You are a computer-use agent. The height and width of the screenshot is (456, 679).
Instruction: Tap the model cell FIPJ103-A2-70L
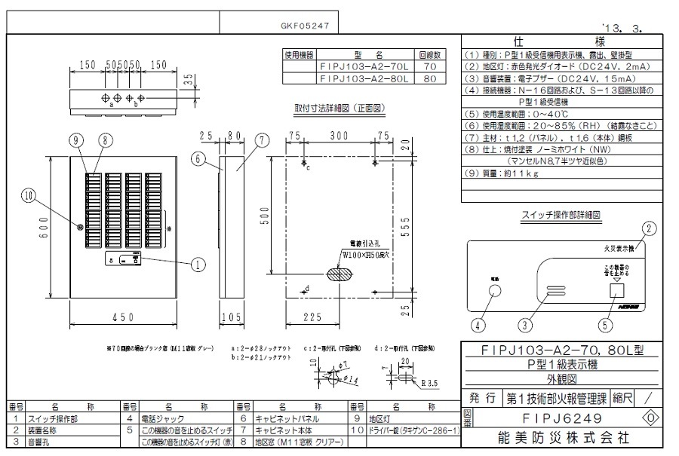(x=364, y=66)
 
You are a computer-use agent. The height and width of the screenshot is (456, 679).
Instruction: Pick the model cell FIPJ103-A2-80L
(x=364, y=78)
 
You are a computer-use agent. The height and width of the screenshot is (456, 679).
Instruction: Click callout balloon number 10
(x=29, y=195)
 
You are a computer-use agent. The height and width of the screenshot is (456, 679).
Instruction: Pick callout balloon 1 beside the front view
(x=198, y=264)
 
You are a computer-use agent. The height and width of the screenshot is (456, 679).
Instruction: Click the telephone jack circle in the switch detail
(x=496, y=294)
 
